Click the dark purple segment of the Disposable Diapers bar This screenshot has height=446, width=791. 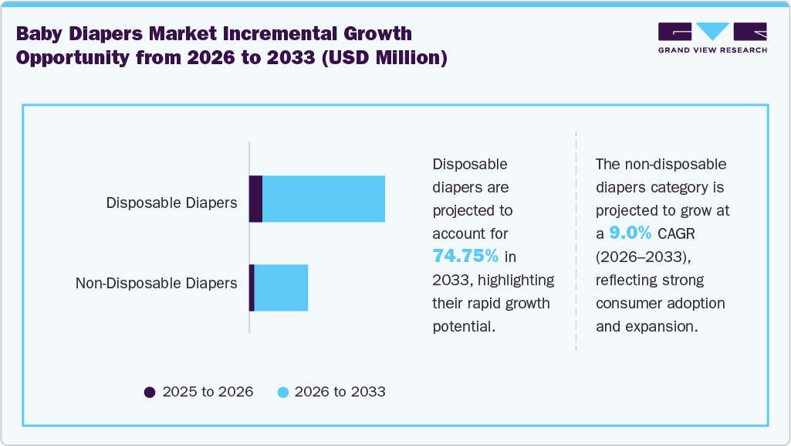coord(255,199)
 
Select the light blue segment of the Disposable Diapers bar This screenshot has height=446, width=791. coord(323,199)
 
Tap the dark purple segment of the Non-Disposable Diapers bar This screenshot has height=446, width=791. coord(252,288)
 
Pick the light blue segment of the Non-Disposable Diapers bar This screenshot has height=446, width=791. coord(281,288)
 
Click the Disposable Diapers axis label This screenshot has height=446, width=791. coord(171,203)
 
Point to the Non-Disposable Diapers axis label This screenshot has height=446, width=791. coord(156,283)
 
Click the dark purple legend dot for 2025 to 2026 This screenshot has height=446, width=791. coord(150,392)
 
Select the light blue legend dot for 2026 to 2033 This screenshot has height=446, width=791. coord(282,392)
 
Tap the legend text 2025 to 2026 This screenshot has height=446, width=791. coord(208,392)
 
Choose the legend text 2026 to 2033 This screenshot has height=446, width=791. coord(340,392)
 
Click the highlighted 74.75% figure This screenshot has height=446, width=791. coord(465,256)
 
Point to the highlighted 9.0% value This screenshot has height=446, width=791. coord(630,233)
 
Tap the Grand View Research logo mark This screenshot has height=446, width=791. coord(712,31)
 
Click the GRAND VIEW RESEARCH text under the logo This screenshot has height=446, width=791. coord(712,50)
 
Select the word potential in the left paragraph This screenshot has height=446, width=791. coord(461,326)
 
